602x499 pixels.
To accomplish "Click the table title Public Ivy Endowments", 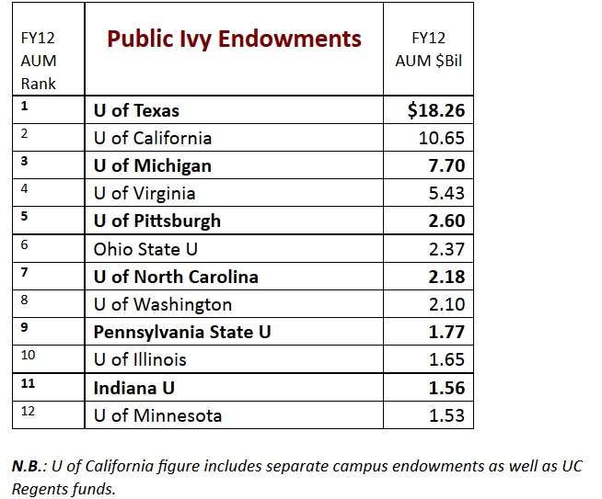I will click(x=234, y=39).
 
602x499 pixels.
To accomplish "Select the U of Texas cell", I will click(x=136, y=110).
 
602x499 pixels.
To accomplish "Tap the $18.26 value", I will click(x=436, y=110).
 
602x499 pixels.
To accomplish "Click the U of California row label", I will click(x=153, y=138).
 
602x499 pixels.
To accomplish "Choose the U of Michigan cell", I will click(x=153, y=166).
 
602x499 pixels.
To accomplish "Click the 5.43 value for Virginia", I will click(x=446, y=194).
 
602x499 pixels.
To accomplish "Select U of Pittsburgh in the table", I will click(x=157, y=221).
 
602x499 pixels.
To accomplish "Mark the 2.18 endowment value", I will click(x=446, y=277).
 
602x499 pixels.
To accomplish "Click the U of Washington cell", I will click(x=163, y=304).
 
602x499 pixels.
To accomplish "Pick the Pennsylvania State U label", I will click(x=183, y=332).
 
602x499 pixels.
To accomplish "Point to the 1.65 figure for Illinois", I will click(x=446, y=359).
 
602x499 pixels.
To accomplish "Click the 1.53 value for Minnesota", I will click(x=446, y=415).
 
